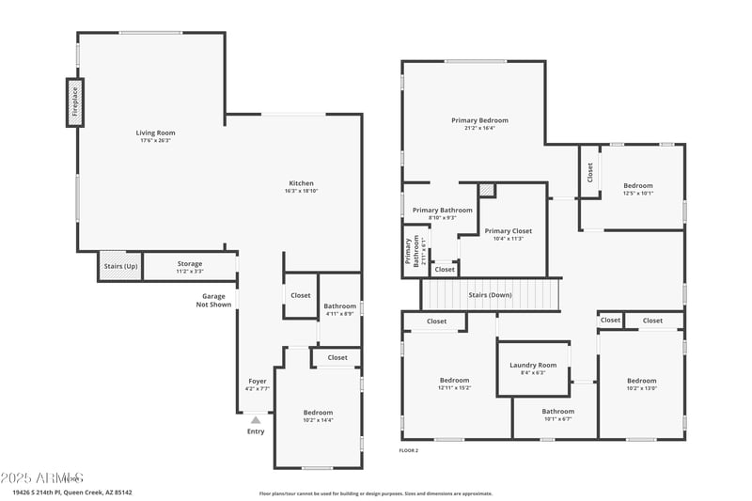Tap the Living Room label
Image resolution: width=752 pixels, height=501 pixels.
pos(155,133)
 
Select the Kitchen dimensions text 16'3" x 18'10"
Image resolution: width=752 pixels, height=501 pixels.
pos(301,191)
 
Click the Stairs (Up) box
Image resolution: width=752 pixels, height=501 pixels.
pos(119,265)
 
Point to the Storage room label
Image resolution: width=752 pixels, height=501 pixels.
pos(189,264)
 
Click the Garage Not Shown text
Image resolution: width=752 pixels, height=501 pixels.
pos(213,300)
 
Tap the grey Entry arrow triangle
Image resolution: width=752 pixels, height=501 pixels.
pos(256,420)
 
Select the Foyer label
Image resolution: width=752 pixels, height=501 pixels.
pos(257,381)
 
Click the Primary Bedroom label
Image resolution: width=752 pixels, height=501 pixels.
pos(479,120)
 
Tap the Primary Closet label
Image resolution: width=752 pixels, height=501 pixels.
pos(508,230)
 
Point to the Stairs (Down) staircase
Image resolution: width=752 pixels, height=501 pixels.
pos(490,295)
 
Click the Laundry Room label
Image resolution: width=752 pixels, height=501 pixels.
pos(533,365)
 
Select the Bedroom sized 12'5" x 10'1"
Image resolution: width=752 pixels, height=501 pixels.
pos(637,185)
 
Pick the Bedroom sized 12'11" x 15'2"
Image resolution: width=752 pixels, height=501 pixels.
pos(454,381)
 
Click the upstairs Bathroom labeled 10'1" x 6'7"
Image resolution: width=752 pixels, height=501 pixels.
pos(557,411)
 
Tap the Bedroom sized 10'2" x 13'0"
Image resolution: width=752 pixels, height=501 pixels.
pos(642,381)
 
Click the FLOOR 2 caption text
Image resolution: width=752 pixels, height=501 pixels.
pos(408,450)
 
